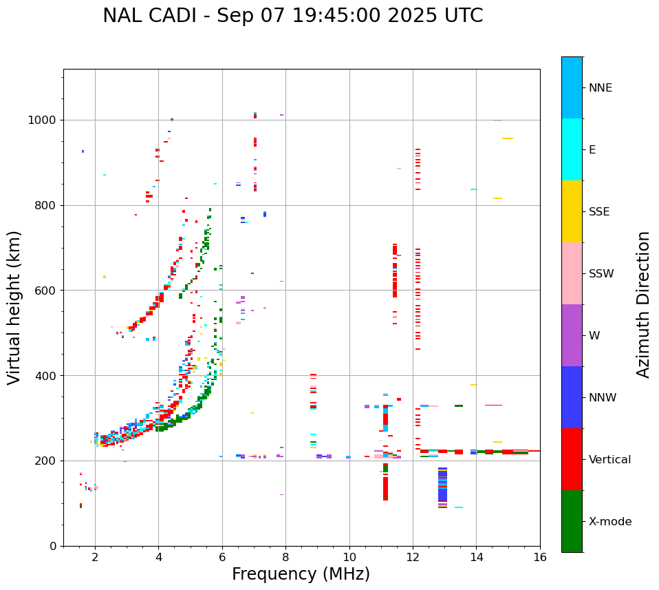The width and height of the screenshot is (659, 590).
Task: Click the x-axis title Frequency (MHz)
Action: (301, 574)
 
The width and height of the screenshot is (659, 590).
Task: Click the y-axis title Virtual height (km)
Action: (14, 307)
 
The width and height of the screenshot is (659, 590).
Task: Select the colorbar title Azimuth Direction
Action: (643, 304)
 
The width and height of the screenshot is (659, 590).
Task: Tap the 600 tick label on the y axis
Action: (47, 291)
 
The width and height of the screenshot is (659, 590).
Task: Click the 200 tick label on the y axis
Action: (47, 461)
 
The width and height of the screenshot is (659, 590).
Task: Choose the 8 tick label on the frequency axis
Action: (285, 557)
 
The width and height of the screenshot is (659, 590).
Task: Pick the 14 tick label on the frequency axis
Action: (476, 557)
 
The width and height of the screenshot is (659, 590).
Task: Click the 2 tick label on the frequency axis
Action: (95, 557)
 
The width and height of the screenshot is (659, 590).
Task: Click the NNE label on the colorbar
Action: (600, 88)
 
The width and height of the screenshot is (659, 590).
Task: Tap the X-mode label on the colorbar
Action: (609, 522)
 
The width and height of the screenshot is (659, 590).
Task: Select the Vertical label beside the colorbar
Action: (609, 460)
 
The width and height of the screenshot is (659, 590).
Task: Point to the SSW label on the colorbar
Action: (601, 274)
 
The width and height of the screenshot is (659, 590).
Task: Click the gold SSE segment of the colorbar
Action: (572, 211)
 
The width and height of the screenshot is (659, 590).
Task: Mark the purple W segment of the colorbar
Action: (572, 335)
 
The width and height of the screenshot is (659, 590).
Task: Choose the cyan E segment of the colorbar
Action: (572, 149)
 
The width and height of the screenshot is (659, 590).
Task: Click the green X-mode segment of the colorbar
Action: (572, 521)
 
